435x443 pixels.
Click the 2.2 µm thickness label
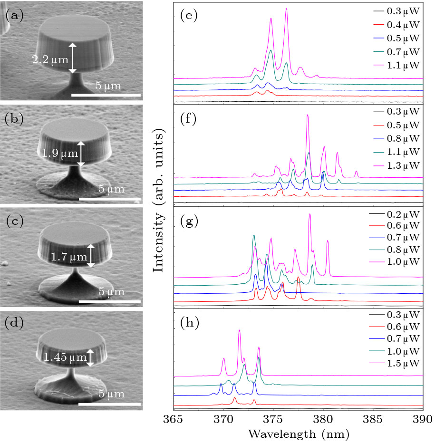pos(50,60)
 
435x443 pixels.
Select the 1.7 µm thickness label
pos(69,257)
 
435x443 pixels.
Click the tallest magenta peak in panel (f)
pos(308,116)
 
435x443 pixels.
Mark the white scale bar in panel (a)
pos(106,96)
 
